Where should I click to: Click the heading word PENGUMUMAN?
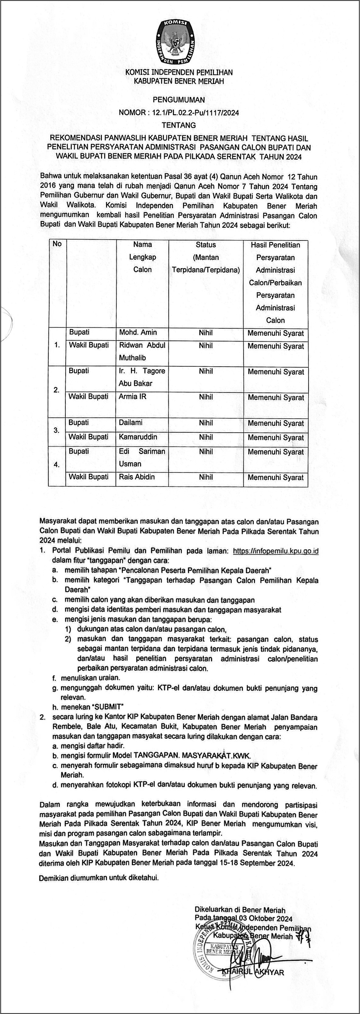(x=179, y=100)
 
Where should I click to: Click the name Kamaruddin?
(x=138, y=437)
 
